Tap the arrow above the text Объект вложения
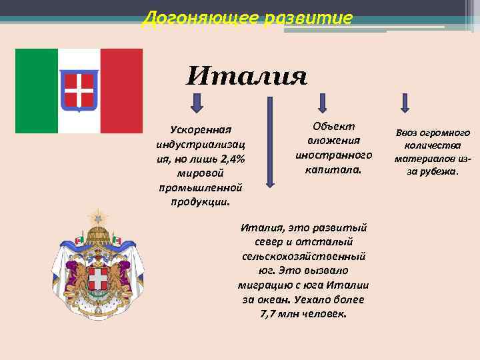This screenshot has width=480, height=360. [x=323, y=103]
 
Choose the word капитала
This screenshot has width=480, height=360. [x=333, y=170]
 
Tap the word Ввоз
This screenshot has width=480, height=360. [x=407, y=133]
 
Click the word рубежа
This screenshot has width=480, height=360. [x=440, y=171]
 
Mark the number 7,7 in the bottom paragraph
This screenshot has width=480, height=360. [x=268, y=313]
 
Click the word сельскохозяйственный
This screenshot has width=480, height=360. [x=303, y=256]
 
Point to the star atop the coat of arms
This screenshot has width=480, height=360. [x=99, y=217]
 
